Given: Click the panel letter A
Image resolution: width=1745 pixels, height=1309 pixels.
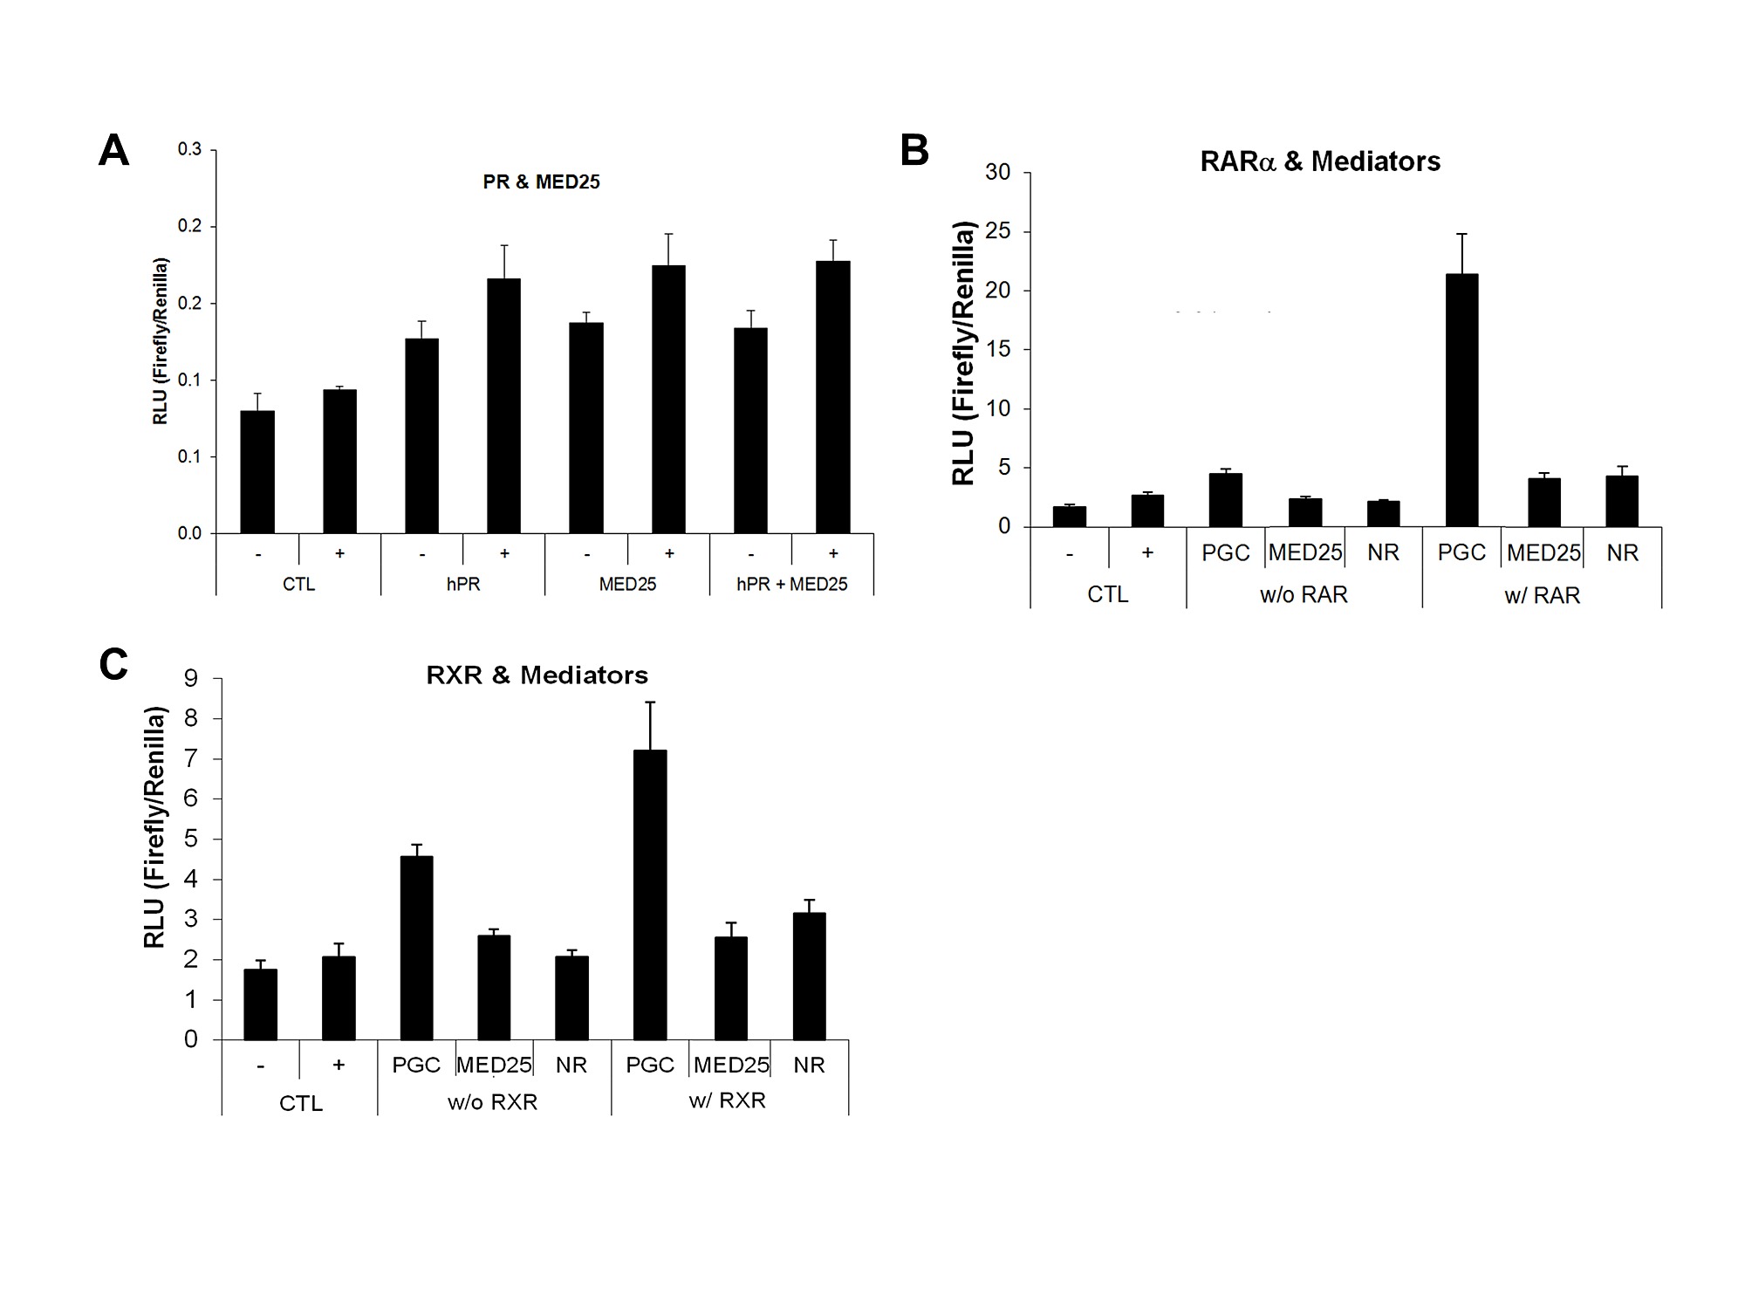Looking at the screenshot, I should point(114,151).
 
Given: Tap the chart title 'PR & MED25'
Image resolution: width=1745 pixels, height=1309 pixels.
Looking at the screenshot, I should point(541,182).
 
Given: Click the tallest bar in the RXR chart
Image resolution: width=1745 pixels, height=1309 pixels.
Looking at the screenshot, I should point(650,894).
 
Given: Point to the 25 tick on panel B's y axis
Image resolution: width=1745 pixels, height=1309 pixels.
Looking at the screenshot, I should point(998,232).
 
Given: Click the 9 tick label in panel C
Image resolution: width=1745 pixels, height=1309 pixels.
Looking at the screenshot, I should point(190,679).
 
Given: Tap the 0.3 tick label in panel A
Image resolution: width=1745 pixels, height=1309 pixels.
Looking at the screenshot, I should point(189,149).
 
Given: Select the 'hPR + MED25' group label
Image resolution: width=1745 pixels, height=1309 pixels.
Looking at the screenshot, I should point(791,585).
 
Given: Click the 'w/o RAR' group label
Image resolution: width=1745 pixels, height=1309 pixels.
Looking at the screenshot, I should point(1304,595).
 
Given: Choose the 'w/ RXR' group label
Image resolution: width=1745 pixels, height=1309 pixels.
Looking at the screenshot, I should point(727,1100).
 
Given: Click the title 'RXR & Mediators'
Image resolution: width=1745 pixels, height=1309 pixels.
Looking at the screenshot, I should point(537,675).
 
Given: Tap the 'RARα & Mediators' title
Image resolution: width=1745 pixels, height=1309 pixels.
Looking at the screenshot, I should point(1320,161).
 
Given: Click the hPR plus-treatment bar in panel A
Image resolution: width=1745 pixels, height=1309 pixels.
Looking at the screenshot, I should point(503,406).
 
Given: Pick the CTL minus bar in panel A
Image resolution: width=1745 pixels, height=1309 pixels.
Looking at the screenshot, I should point(257,471).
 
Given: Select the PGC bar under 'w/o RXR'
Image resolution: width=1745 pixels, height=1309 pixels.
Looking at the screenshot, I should point(416,948).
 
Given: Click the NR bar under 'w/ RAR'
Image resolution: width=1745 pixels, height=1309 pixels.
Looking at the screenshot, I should point(1622,501).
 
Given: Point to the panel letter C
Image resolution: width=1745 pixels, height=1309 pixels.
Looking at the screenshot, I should point(114,665).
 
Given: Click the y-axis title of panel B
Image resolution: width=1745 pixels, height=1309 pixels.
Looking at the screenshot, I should point(963,353).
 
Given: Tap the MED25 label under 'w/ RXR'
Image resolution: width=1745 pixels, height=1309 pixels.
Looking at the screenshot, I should point(731,1066).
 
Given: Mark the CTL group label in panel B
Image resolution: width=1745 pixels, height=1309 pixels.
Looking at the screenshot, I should point(1107,595).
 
